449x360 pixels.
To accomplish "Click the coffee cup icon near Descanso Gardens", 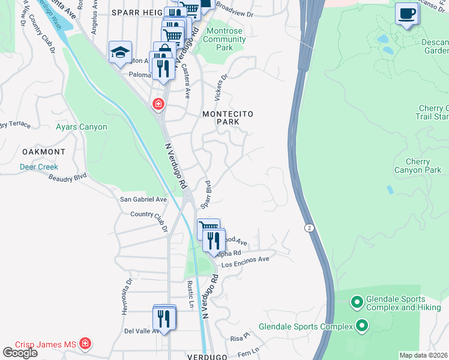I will pos(407,13).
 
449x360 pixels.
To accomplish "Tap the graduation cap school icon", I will pos(120,52).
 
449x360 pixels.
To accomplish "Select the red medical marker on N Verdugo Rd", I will pos(158,104).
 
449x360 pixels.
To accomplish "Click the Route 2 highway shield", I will pos(308,228).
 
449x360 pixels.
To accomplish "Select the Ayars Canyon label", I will pos(81,127).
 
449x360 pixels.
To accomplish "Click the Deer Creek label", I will pos(38,167).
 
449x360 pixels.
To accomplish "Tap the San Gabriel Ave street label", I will pos(143,199).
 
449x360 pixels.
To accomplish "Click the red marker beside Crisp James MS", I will pos(85,344).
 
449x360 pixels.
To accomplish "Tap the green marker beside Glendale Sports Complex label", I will pos(362,326).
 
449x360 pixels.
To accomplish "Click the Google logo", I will pos(20,353).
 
